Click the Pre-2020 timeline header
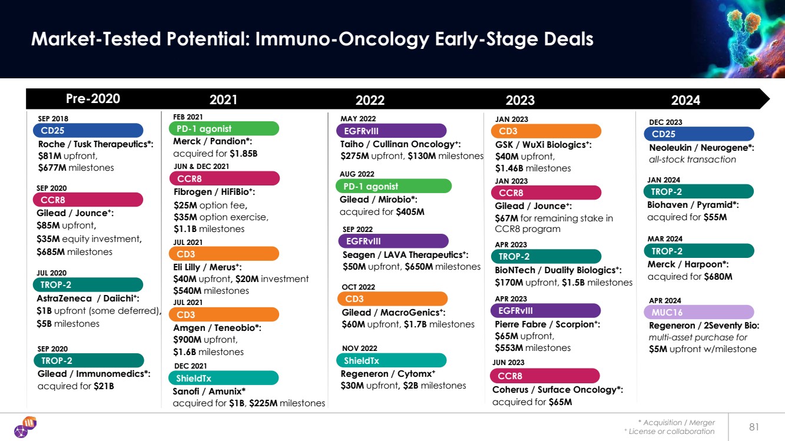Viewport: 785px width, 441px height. [x=93, y=98]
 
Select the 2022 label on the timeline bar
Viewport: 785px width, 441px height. [x=370, y=101]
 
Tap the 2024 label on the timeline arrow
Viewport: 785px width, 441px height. [x=685, y=101]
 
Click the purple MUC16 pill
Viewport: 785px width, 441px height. [x=699, y=312]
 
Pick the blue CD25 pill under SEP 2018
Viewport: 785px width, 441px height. [x=88, y=130]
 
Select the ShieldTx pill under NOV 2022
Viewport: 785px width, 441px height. [x=391, y=360]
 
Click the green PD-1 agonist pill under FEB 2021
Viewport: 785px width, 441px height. [x=224, y=128]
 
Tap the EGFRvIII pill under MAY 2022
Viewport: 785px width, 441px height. [x=391, y=131]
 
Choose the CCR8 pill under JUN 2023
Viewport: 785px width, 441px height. [x=545, y=376]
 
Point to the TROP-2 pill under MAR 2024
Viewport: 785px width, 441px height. [x=699, y=251]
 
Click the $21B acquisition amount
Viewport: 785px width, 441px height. [x=104, y=386]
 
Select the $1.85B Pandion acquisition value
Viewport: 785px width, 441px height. [x=244, y=154]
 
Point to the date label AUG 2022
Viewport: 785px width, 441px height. [x=357, y=174]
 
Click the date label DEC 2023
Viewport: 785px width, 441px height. [x=665, y=122]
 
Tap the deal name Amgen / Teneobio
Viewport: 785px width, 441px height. [x=217, y=328]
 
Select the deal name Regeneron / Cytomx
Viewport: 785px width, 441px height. [x=387, y=374]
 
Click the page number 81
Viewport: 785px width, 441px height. [x=754, y=427]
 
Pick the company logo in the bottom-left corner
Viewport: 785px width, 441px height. [x=25, y=427]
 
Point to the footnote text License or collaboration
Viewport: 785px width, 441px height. [x=671, y=432]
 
